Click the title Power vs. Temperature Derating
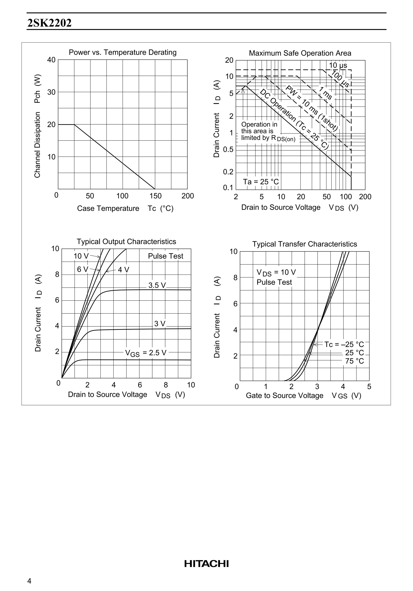click(x=123, y=52)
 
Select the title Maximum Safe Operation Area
click(x=300, y=53)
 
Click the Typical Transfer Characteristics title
click(x=305, y=244)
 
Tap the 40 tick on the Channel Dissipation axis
click(x=51, y=60)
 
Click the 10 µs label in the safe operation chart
click(x=338, y=65)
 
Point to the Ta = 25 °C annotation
click(x=261, y=182)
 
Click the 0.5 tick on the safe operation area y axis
click(x=228, y=150)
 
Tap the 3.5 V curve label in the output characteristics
click(x=157, y=285)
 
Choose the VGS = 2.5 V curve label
click(x=146, y=353)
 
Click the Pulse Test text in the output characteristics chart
click(x=165, y=256)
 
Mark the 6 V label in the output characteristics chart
click(x=82, y=269)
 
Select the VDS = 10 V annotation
click(x=276, y=273)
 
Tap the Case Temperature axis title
click(x=108, y=208)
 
